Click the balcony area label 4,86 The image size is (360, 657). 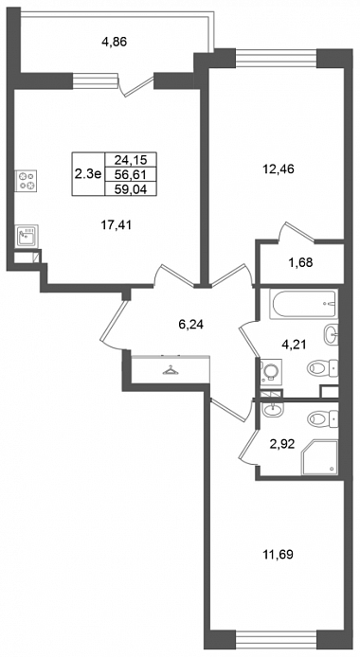[x=115, y=42]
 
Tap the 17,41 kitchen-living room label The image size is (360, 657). [x=117, y=225]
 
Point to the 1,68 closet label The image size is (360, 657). [x=301, y=263]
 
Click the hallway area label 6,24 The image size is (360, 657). [x=191, y=324]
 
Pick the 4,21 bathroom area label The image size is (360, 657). [x=295, y=345]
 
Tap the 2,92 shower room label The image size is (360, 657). [x=284, y=444]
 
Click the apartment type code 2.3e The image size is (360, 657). [x=88, y=174]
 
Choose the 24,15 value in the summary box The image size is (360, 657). [x=130, y=160]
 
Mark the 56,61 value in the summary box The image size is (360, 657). [x=130, y=174]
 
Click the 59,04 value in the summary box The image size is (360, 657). [x=130, y=189]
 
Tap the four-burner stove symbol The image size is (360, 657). [x=27, y=181]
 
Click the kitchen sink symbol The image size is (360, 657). [x=27, y=237]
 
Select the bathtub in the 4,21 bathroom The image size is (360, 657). [x=303, y=305]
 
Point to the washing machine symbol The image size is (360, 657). [x=270, y=372]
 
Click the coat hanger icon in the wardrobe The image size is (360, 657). [x=170, y=369]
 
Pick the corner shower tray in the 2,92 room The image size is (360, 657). [x=320, y=457]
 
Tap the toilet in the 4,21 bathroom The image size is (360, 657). [x=323, y=368]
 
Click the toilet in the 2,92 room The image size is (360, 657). [x=323, y=418]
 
